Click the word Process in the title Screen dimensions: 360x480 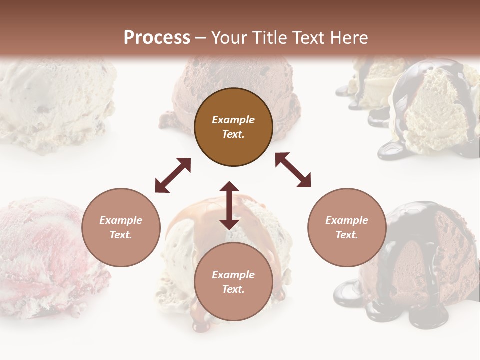click(157, 38)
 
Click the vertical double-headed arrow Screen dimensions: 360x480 click(229, 205)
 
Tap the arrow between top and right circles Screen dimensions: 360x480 click(293, 170)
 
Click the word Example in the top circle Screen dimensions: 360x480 click(233, 120)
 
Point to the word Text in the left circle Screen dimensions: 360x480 click(121, 235)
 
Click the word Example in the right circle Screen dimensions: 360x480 click(347, 220)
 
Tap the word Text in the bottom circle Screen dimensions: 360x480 click(233, 289)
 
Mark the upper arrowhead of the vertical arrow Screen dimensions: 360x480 click(229, 187)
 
